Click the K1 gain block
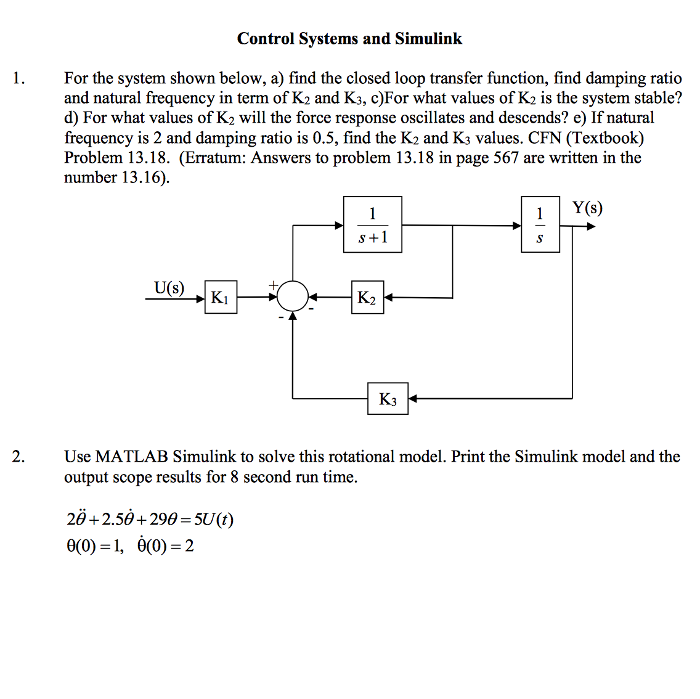coord(221,297)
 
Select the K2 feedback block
coord(367,297)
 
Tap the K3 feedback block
coord(388,398)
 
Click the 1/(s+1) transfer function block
coord(372,224)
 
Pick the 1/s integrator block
coord(540,224)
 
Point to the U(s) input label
coord(169,288)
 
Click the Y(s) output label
coord(587,208)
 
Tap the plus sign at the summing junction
coord(273,285)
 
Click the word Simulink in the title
coord(429,39)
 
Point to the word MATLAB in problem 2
coord(132,457)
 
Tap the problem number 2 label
coord(18,457)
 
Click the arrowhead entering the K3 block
coord(412,398)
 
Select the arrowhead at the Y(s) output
coord(591,226)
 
